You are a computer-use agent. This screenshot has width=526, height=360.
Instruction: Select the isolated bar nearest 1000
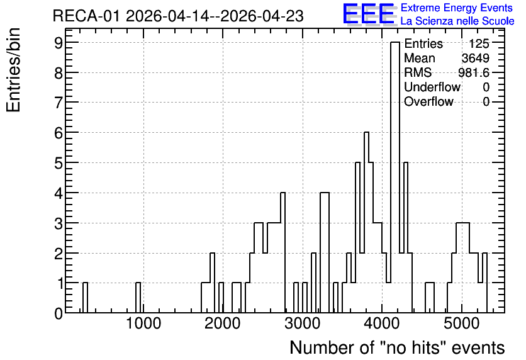138,298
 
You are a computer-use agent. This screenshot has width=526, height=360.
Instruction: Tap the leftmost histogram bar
85,298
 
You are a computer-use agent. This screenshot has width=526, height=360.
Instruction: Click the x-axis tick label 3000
303,323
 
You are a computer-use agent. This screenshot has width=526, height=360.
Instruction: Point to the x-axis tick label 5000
462,323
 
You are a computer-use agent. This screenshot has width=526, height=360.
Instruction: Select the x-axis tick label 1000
143,323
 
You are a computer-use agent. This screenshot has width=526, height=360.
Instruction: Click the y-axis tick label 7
59,102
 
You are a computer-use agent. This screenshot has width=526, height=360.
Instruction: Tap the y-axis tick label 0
59,313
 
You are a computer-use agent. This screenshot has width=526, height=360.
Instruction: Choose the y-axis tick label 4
59,193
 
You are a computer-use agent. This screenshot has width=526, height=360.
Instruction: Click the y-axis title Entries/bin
14,70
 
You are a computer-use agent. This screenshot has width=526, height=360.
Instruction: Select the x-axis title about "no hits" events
397,347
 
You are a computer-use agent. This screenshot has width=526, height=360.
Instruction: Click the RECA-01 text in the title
86,16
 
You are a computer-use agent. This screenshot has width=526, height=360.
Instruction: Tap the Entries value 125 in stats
479,43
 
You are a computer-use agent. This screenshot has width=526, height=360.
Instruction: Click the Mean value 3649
475,58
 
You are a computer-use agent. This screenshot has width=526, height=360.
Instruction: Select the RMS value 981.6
474,72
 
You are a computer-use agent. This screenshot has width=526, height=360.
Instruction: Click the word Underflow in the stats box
432,87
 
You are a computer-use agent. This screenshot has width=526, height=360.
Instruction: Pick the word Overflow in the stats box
428,101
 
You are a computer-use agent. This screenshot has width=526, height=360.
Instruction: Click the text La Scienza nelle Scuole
457,21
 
